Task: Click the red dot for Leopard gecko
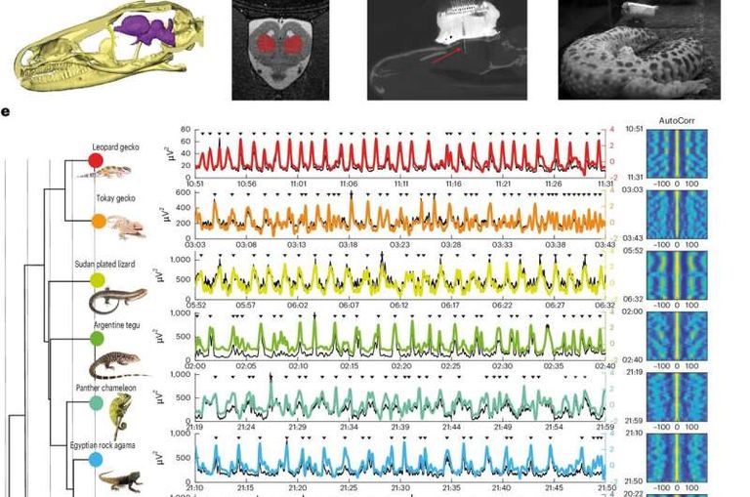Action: tap(96, 159)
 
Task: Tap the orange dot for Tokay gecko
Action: tap(99, 222)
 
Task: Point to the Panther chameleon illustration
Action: tap(119, 416)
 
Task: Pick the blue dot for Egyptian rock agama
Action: tap(96, 459)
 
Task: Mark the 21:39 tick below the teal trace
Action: tap(400, 427)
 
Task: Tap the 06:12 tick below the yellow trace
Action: tap(400, 305)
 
